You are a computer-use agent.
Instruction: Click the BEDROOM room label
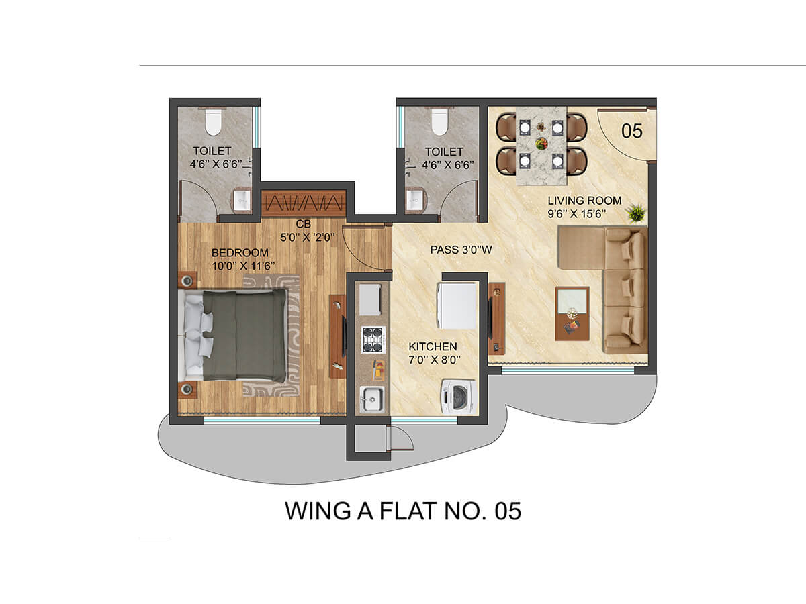(240, 253)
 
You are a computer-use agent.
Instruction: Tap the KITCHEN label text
(433, 346)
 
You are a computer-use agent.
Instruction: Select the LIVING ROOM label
(584, 201)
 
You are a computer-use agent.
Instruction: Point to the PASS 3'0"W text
(461, 250)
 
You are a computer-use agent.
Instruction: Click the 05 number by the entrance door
(632, 131)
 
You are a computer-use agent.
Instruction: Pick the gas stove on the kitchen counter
(373, 340)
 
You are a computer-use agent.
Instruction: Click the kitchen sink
(372, 399)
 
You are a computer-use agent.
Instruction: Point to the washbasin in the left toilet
(241, 200)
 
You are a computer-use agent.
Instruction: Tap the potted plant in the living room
(637, 213)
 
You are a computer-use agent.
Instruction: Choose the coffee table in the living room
(572, 314)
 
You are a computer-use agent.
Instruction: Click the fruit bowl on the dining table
(541, 143)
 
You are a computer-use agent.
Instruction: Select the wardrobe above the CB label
(304, 203)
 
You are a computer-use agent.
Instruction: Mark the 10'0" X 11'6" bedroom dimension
(243, 266)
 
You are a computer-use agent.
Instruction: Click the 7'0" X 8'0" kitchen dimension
(435, 360)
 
